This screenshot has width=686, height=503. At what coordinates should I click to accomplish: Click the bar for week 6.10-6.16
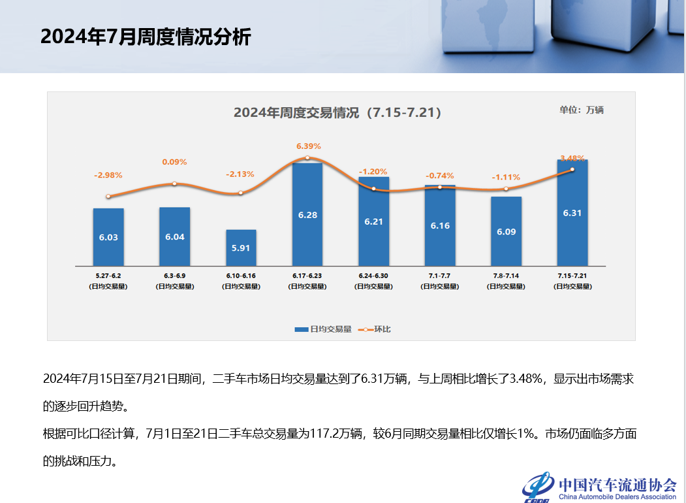(x=241, y=248)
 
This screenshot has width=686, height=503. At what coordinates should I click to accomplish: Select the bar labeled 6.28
(x=307, y=214)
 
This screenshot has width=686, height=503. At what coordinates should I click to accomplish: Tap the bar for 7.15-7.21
(x=572, y=213)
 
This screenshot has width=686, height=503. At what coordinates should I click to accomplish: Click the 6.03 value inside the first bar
(x=108, y=237)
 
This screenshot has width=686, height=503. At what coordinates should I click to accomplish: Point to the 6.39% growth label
(x=308, y=146)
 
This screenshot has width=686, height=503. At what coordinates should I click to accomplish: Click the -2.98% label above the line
(x=108, y=175)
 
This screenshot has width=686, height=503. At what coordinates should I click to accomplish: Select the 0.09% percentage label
(x=174, y=162)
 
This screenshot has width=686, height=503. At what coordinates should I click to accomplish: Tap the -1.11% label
(x=506, y=177)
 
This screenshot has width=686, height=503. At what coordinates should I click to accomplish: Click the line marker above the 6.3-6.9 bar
(x=174, y=184)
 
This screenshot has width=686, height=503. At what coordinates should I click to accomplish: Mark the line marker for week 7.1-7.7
(x=439, y=187)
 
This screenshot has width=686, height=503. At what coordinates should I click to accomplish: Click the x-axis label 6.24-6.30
(x=373, y=276)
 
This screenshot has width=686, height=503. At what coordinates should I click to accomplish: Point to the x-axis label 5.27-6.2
(x=108, y=276)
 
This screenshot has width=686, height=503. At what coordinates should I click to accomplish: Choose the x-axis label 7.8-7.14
(x=506, y=276)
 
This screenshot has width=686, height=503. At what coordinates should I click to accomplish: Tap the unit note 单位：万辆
(x=581, y=110)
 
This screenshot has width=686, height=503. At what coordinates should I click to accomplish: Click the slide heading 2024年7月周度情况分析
(x=146, y=37)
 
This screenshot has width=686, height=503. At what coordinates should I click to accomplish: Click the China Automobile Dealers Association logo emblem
(x=537, y=487)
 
